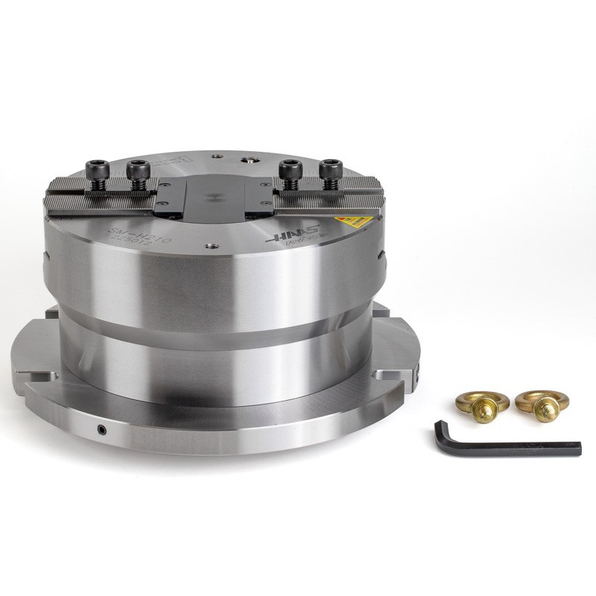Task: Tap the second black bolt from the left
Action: [x=136, y=171]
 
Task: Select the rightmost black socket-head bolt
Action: [x=329, y=170]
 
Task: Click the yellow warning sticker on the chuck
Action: [x=352, y=221]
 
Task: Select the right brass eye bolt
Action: [x=540, y=400]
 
